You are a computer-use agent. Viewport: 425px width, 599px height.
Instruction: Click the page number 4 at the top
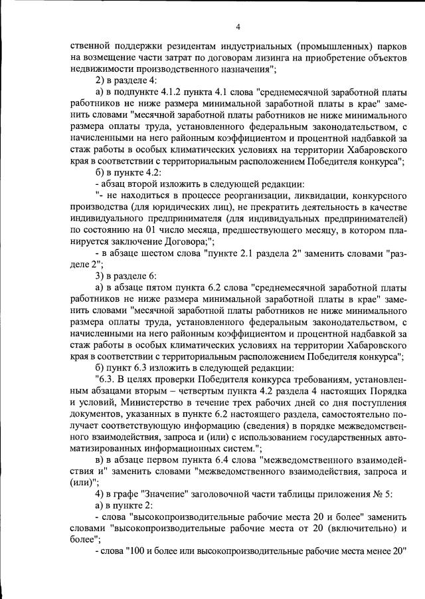click(x=238, y=27)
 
